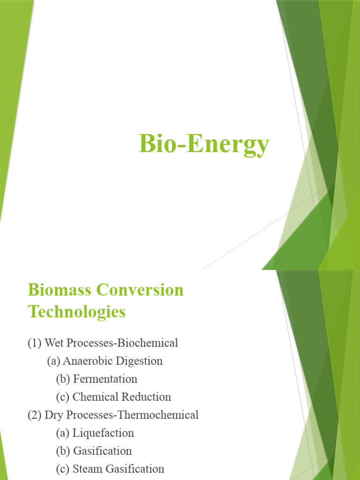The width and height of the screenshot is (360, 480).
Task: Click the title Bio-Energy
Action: [204, 144]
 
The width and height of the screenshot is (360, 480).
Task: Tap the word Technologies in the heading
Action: [77, 312]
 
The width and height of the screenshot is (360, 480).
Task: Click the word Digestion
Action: [138, 361]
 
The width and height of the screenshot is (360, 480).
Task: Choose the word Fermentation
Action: [105, 379]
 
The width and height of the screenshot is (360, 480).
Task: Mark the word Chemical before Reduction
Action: [96, 397]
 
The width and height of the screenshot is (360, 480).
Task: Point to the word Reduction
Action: [146, 397]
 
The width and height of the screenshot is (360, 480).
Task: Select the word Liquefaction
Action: [103, 433]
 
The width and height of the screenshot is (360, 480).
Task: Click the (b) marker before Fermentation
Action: [63, 379]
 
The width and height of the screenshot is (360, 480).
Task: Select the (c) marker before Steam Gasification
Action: [63, 469]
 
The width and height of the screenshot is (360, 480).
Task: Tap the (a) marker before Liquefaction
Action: [63, 433]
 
